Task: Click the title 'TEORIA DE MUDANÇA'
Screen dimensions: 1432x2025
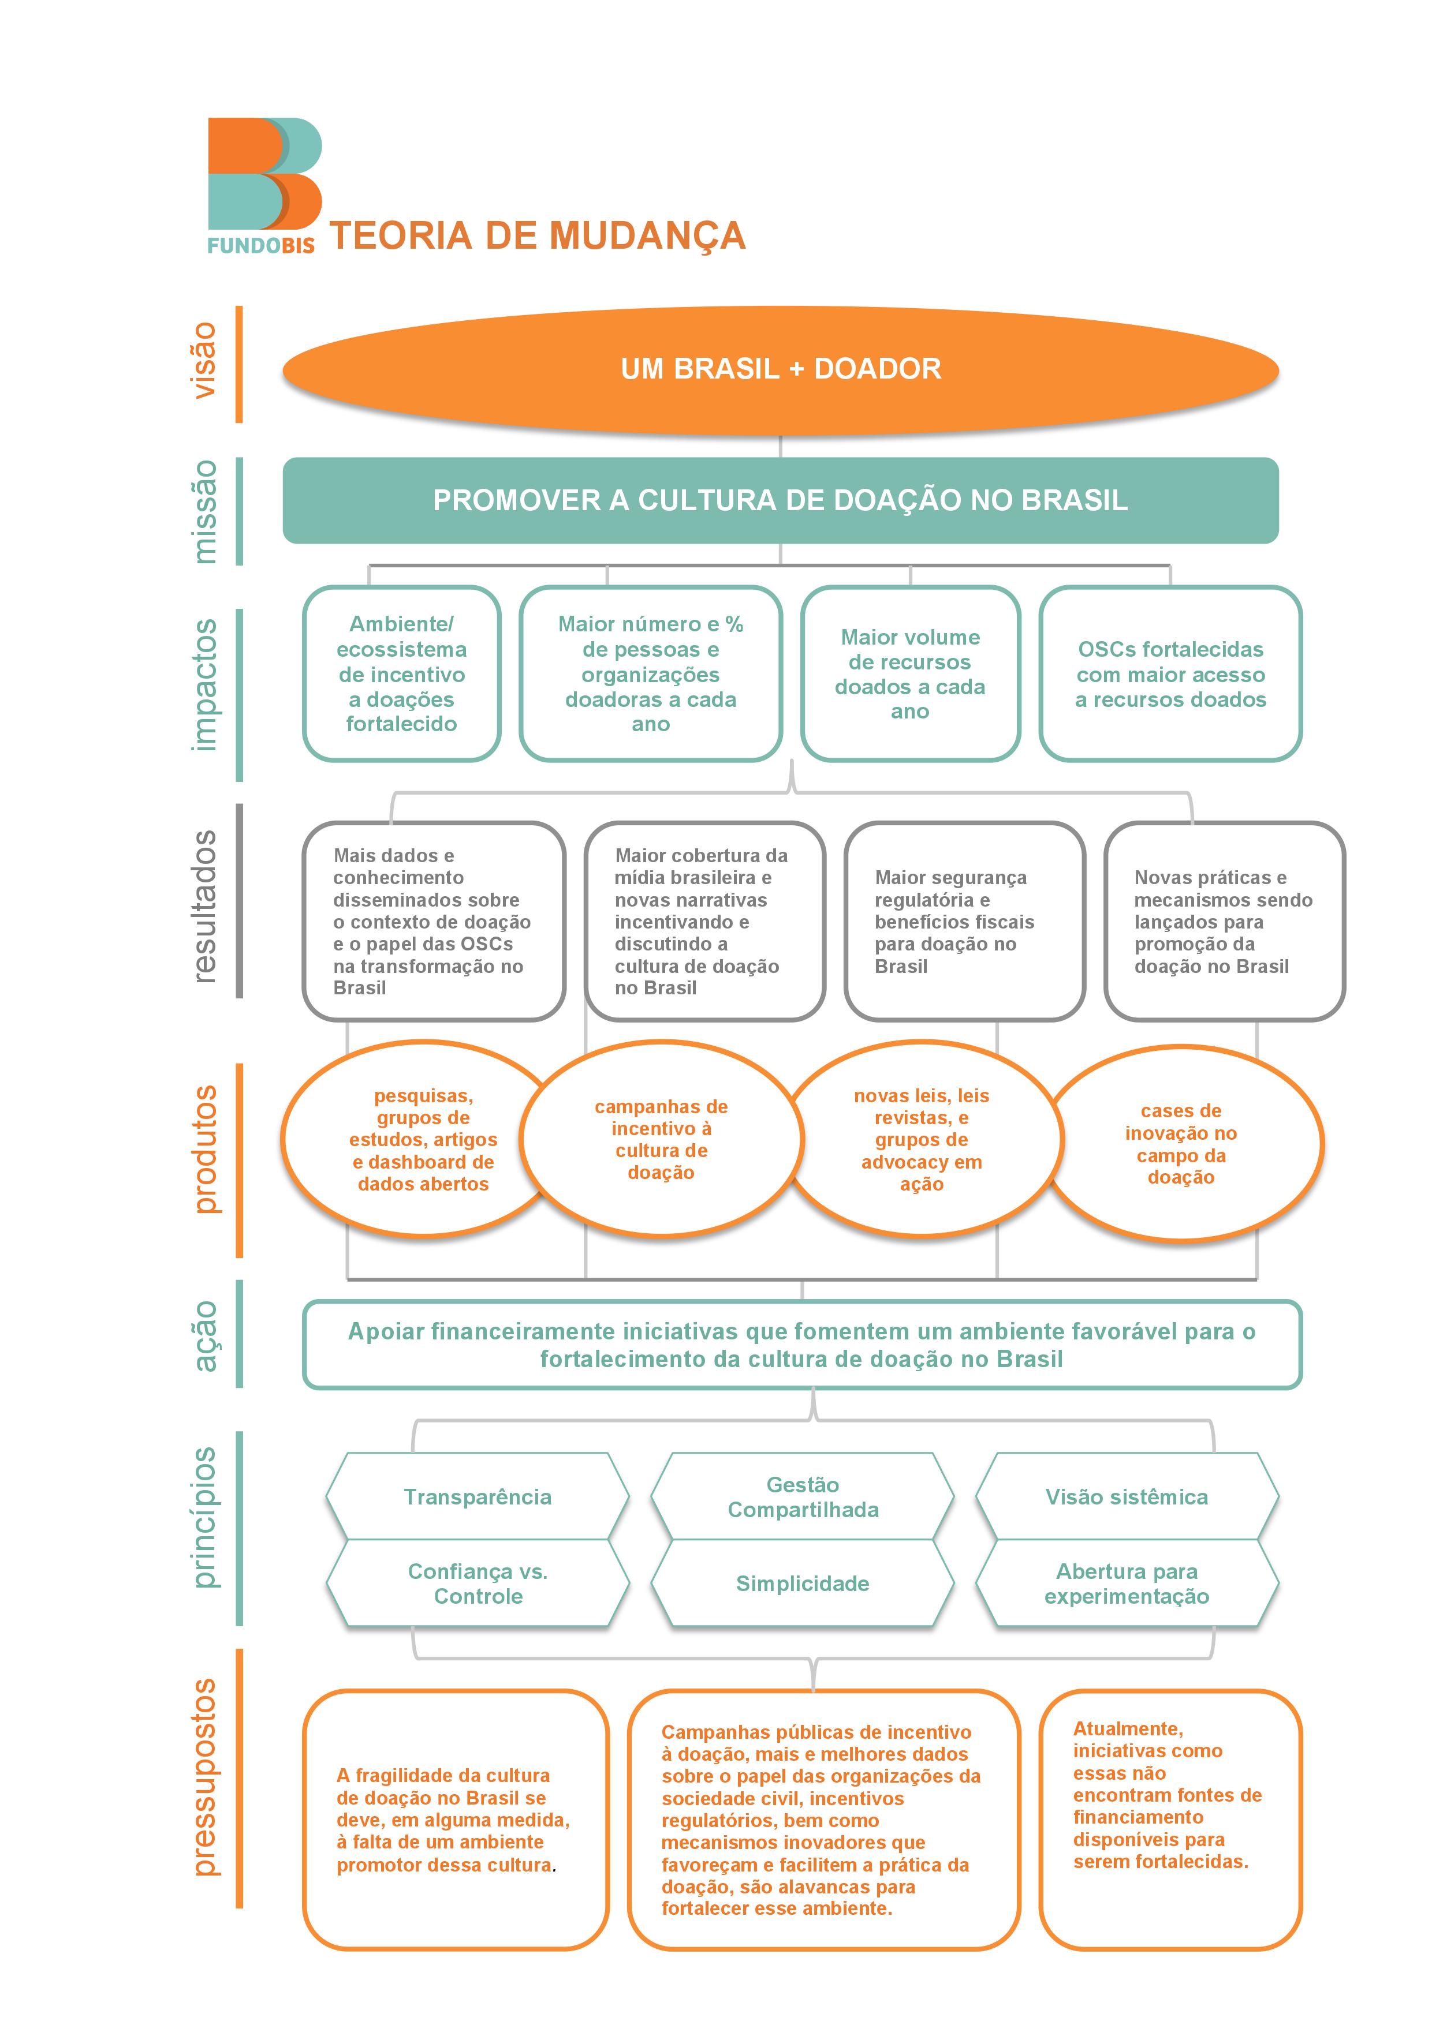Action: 538,235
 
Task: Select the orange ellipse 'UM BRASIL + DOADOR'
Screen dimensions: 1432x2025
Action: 780,369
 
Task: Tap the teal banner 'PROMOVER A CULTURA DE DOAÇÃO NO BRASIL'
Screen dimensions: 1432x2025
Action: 780,500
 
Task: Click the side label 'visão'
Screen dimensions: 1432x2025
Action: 204,360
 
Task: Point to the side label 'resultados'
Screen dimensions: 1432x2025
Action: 204,906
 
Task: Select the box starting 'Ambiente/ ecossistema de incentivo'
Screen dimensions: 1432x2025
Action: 401,674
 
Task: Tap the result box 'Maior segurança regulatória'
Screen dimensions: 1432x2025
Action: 964,921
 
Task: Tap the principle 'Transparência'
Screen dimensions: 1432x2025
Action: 478,1497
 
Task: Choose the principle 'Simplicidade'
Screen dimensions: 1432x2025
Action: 802,1583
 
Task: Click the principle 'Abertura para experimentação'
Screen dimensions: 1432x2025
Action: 1127,1583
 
